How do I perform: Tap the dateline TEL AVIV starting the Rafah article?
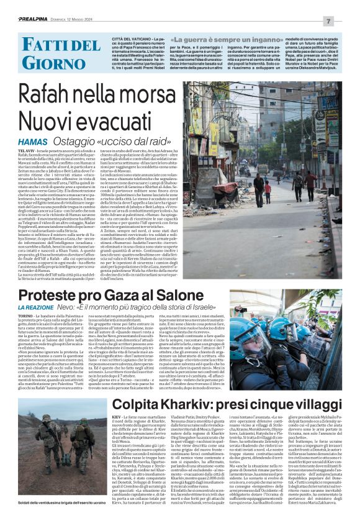tap(26, 150)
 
